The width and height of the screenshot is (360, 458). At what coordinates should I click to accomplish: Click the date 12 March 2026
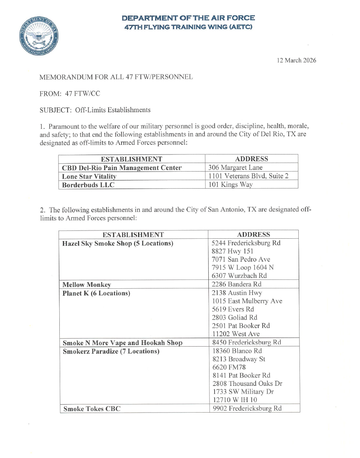296,61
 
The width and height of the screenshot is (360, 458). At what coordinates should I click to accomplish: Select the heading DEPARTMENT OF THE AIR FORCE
188,18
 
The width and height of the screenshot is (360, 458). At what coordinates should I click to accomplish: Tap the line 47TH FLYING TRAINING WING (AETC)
188,27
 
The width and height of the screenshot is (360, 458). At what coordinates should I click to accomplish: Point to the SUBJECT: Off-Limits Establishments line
95,110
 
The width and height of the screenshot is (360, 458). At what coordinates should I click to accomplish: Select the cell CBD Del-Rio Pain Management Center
122,168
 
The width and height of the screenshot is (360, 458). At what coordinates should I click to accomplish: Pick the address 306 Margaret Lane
235,168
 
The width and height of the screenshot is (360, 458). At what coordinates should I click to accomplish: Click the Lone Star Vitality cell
89,177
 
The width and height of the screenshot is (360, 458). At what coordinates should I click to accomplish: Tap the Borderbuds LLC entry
88,185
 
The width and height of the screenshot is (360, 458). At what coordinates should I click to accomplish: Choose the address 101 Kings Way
230,185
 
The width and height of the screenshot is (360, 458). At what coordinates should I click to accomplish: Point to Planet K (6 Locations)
96,293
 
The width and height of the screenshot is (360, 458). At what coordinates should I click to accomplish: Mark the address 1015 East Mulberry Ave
247,301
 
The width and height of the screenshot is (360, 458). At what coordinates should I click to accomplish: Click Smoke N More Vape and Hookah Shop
123,343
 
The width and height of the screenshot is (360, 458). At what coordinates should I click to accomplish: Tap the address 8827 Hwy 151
233,251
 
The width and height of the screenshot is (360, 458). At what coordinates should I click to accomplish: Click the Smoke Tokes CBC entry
92,409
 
